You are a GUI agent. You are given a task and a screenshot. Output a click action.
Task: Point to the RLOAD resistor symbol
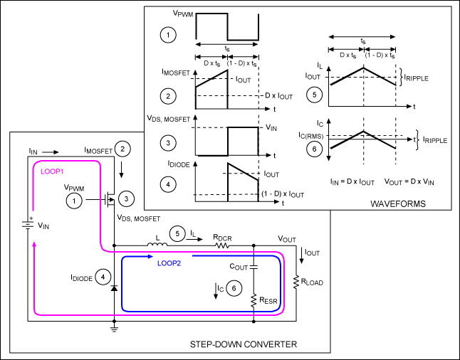(296, 282)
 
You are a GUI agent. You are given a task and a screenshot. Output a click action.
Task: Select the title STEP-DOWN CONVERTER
(244, 345)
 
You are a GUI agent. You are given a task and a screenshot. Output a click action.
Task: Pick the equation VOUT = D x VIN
(412, 181)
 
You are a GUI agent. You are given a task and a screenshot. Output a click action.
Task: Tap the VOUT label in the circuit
(287, 239)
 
